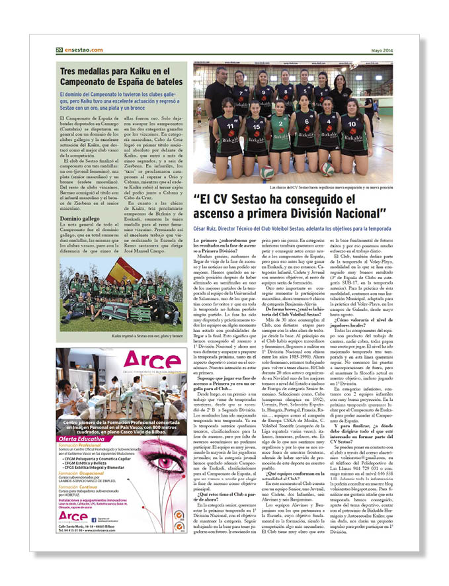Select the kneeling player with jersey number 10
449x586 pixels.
pyautogui.click(x=351, y=132)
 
